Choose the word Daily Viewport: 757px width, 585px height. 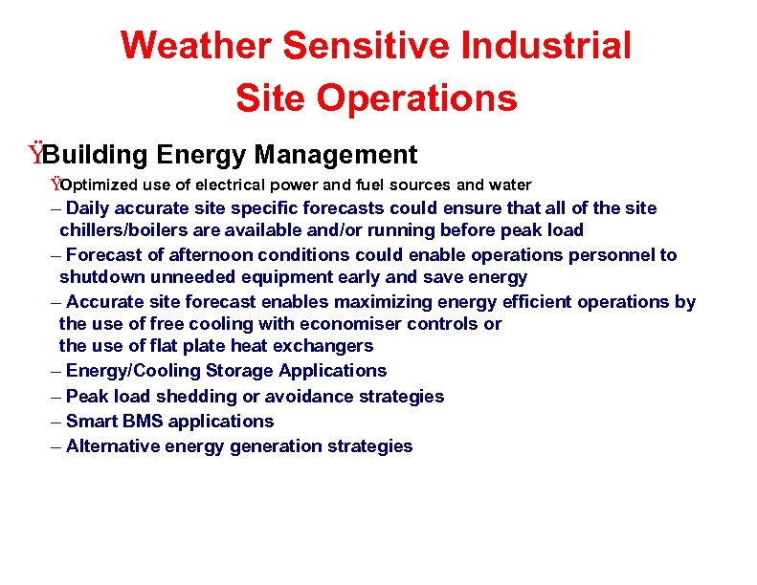point(88,207)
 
